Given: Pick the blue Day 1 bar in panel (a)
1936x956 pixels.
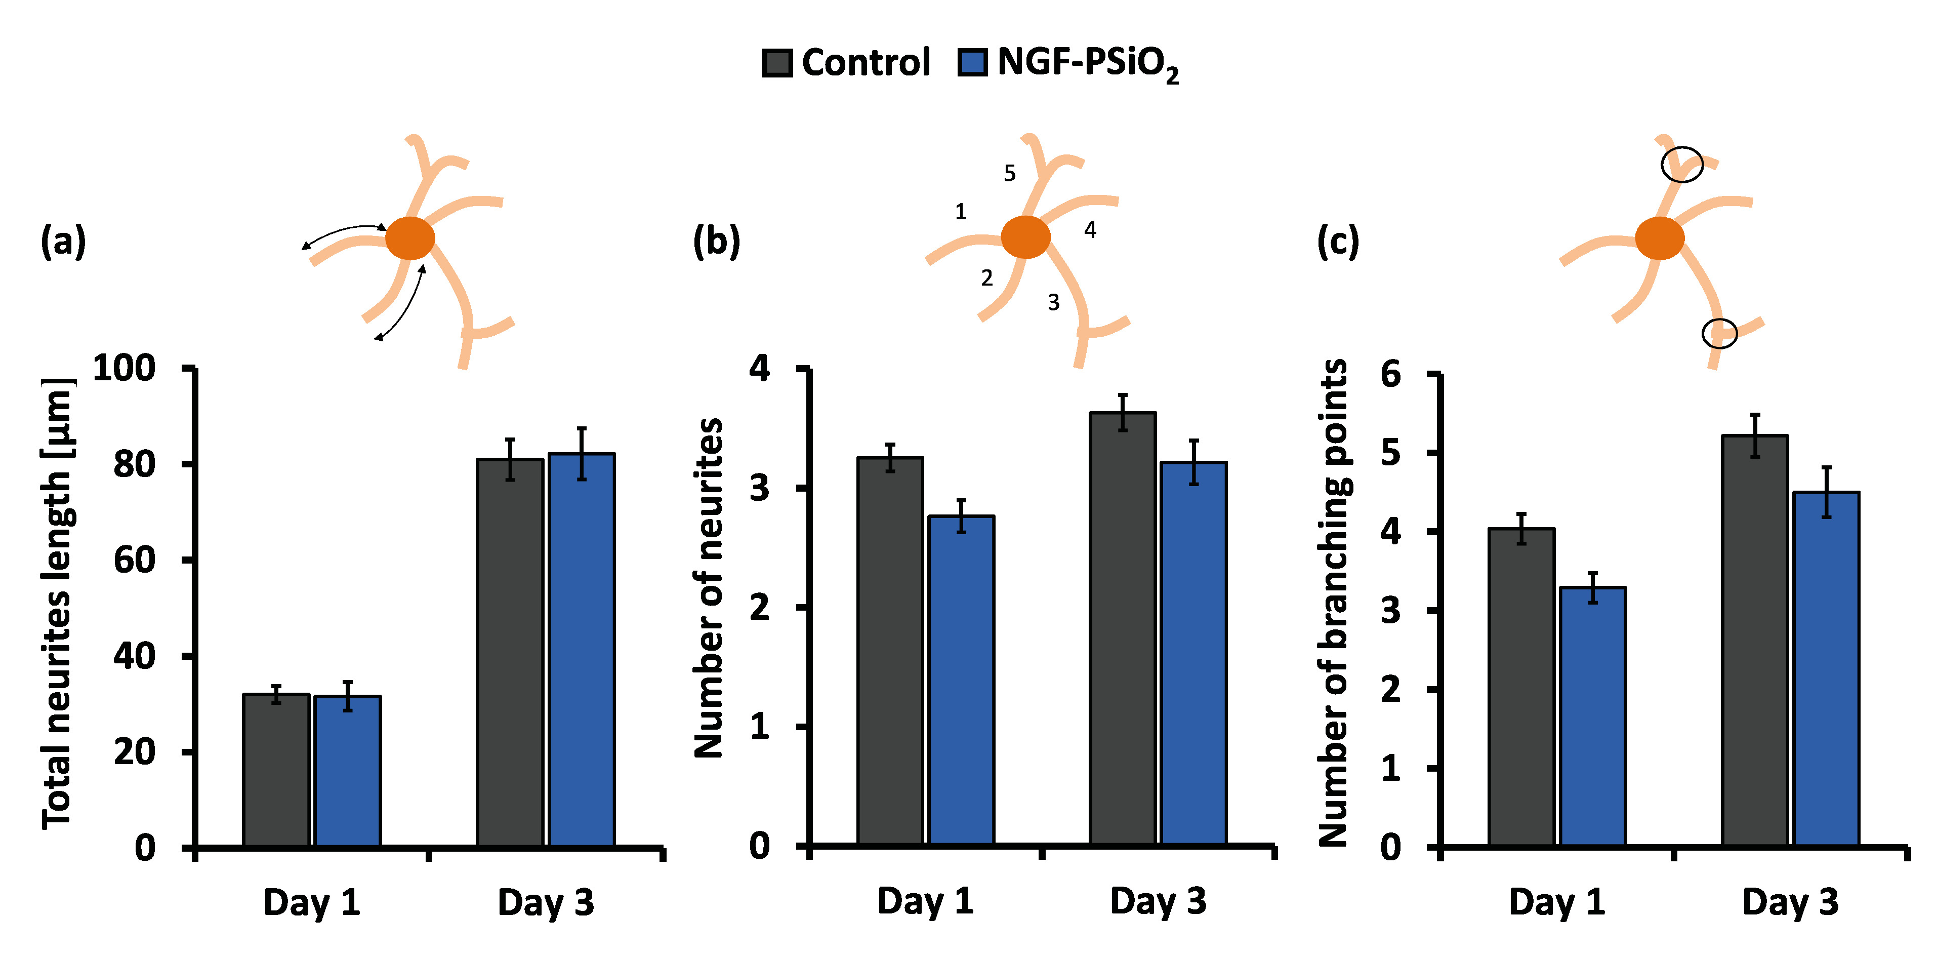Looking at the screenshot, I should (x=347, y=771).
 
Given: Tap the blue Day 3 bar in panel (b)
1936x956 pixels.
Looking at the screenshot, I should (x=1193, y=654).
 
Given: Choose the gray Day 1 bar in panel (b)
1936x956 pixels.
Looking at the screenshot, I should (x=890, y=651).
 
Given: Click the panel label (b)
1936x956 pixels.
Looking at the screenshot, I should (x=716, y=241).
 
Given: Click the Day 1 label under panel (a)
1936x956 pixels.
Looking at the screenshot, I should (x=311, y=902).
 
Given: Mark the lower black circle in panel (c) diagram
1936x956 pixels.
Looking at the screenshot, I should (x=1719, y=333).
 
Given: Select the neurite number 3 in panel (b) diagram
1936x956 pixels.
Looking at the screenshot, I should (x=1054, y=302).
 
